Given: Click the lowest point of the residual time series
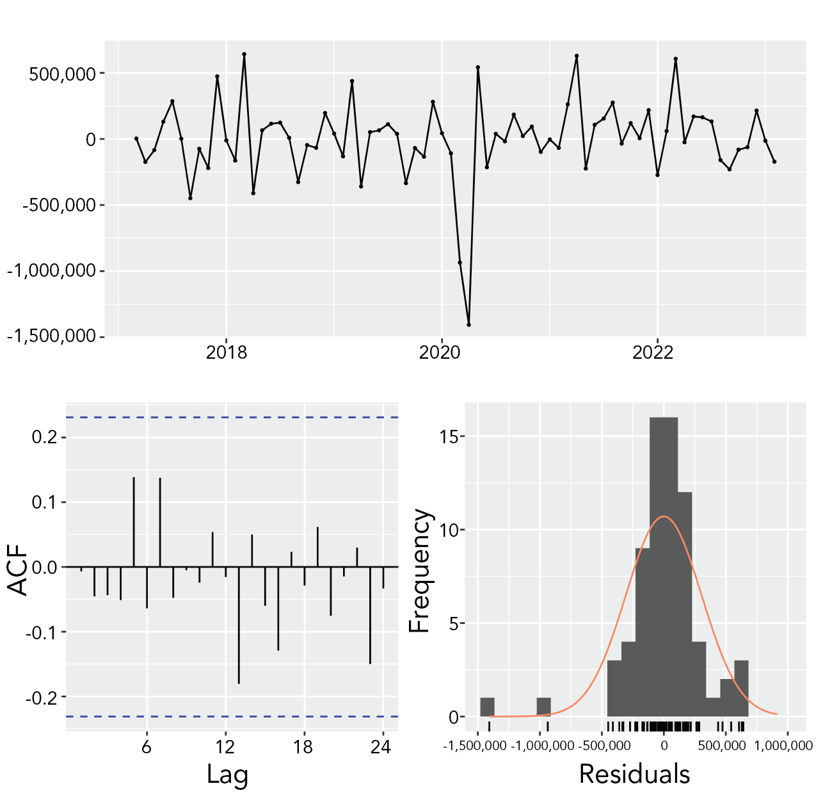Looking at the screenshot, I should [x=468, y=325].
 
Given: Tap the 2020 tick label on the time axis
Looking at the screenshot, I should [x=440, y=352].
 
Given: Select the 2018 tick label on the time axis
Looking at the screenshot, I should [x=226, y=352].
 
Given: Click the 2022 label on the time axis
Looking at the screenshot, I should [x=653, y=352].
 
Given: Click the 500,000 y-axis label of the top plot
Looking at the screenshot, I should [x=62, y=74].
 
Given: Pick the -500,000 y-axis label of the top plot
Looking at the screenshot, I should [x=59, y=205].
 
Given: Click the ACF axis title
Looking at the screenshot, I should [x=18, y=570].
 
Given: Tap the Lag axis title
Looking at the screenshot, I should [x=227, y=775].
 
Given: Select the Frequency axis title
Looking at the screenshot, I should [x=420, y=570].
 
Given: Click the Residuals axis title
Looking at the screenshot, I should [x=634, y=774].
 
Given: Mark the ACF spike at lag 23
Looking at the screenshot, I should [x=370, y=615].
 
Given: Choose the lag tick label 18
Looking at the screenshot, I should [x=303, y=747].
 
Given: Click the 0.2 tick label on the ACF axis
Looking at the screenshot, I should [x=45, y=438].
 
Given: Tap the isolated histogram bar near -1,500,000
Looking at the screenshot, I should [x=487, y=707].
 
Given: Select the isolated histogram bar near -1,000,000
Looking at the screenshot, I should [x=543, y=707].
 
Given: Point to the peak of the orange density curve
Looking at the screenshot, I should [x=665, y=516].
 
